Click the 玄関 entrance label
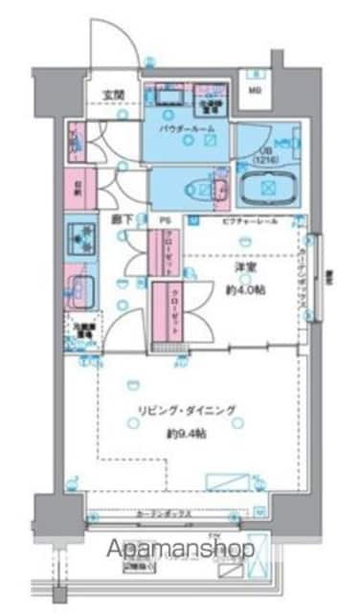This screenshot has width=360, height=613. point(114,93)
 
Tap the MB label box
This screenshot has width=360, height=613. point(255,91)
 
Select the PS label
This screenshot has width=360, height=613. point(165,219)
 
